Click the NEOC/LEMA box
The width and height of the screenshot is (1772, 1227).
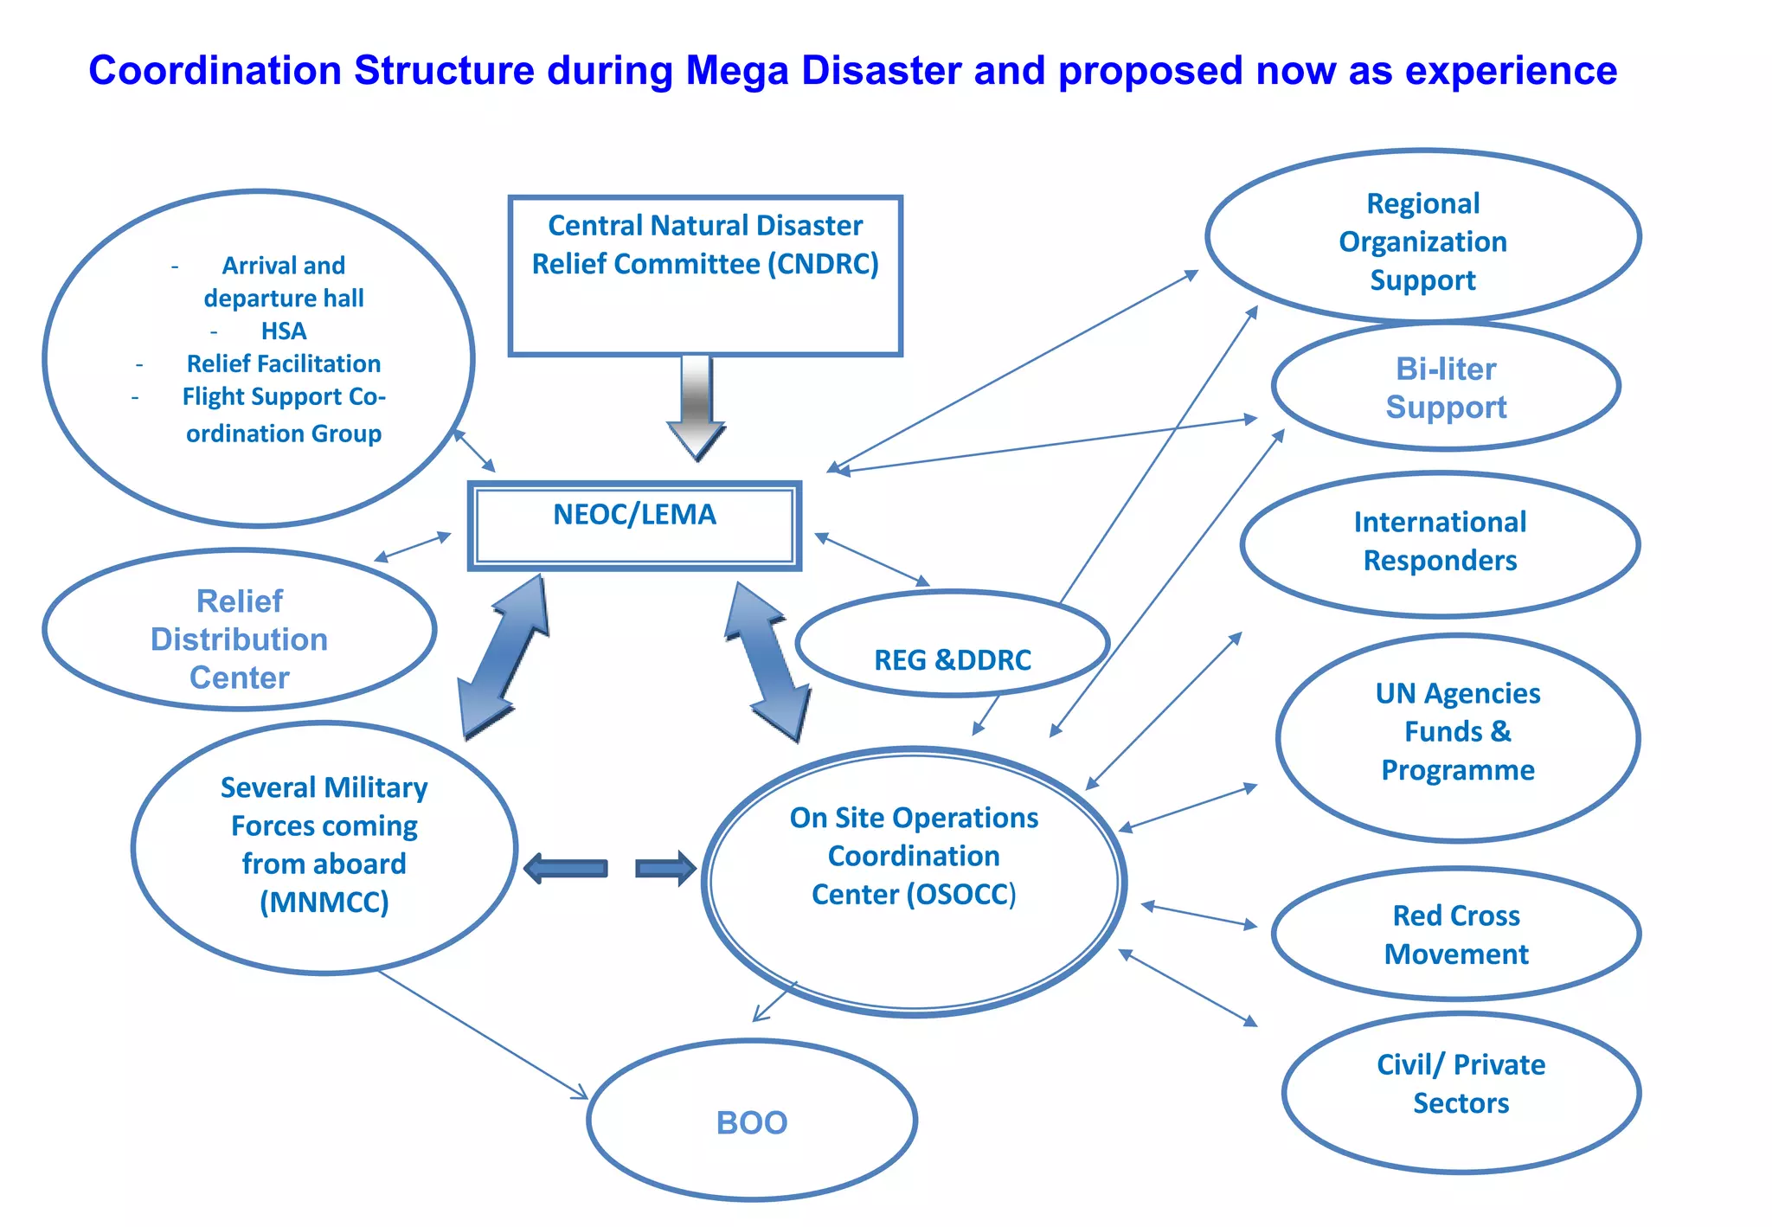(634, 526)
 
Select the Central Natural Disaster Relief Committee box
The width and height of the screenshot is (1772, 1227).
(705, 275)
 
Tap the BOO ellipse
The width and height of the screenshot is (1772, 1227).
(751, 1121)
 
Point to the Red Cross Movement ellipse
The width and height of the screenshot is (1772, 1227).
(1456, 935)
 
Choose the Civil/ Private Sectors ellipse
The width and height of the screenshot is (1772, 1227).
(1461, 1092)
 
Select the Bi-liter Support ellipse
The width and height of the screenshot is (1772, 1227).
(1446, 387)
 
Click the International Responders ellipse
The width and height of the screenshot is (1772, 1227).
(1440, 543)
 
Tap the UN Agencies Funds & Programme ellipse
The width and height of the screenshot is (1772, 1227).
(1457, 737)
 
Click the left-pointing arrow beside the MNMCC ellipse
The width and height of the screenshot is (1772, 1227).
(567, 868)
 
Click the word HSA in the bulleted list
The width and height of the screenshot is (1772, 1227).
(284, 331)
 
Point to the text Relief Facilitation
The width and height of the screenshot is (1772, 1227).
(284, 363)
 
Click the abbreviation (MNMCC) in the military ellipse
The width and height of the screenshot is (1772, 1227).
(324, 903)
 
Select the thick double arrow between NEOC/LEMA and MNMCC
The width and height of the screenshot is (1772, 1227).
(504, 657)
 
